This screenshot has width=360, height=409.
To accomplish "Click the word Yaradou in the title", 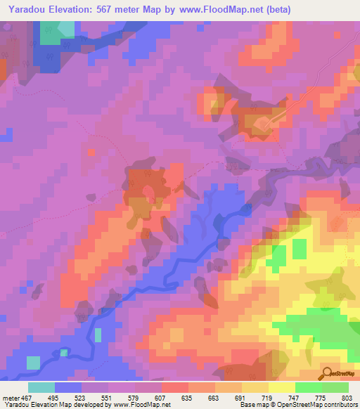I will click(x=29, y=9).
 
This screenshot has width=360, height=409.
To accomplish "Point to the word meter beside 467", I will click(x=12, y=398).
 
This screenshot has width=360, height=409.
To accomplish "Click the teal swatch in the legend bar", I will click(x=41, y=387).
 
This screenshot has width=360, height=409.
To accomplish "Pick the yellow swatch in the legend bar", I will click(x=281, y=387).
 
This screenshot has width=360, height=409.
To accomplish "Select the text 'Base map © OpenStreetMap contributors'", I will click(x=297, y=405).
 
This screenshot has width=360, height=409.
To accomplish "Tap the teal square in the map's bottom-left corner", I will click(x=33, y=363).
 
